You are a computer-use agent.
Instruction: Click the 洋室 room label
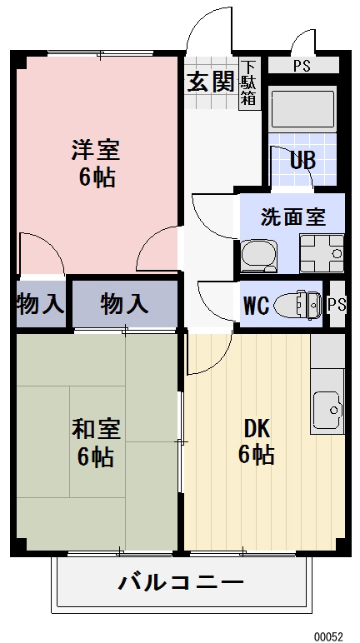95,151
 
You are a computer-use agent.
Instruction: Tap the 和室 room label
95,430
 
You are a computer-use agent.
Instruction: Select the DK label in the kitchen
256,429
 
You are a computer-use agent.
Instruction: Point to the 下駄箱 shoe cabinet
248,83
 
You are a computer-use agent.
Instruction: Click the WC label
256,306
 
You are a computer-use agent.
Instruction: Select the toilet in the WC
297,305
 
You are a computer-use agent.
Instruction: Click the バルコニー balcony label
181,582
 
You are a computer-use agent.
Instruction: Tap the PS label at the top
302,66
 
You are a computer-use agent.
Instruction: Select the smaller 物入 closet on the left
39,303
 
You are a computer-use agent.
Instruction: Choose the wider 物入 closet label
124,303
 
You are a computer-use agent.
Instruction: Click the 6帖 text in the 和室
95,456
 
